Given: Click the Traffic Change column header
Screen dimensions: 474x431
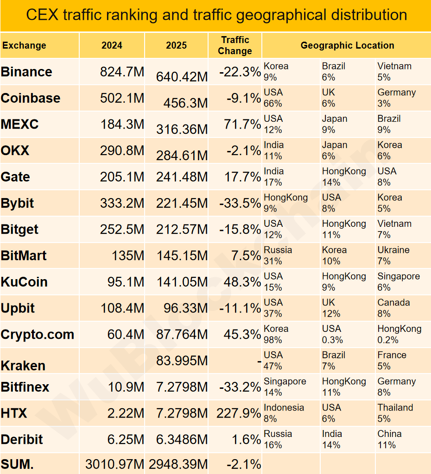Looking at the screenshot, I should [235, 45].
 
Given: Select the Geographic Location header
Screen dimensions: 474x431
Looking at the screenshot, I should [347, 45].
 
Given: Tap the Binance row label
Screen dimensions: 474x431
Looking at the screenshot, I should [26, 72].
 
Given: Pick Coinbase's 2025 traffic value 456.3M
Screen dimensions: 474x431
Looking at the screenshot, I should [185, 103].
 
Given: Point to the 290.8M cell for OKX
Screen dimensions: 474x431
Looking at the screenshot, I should [122, 150].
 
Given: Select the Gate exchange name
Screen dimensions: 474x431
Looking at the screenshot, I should [15, 177].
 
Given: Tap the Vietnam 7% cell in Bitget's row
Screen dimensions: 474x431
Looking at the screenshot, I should [394, 229].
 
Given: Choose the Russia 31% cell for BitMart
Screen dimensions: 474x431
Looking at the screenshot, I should [278, 256].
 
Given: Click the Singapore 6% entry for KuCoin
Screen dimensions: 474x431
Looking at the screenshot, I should [399, 281].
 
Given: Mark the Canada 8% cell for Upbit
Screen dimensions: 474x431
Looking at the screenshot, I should [393, 308].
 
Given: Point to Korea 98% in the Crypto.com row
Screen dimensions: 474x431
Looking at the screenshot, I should [276, 334].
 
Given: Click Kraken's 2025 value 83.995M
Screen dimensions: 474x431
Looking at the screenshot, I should [182, 361].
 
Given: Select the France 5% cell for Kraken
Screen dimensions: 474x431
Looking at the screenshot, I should [392, 361].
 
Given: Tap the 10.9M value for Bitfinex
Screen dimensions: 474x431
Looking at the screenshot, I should [126, 387].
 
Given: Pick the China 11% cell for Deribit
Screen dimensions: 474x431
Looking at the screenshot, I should [389, 439].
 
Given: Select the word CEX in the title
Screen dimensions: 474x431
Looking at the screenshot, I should [42, 15].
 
